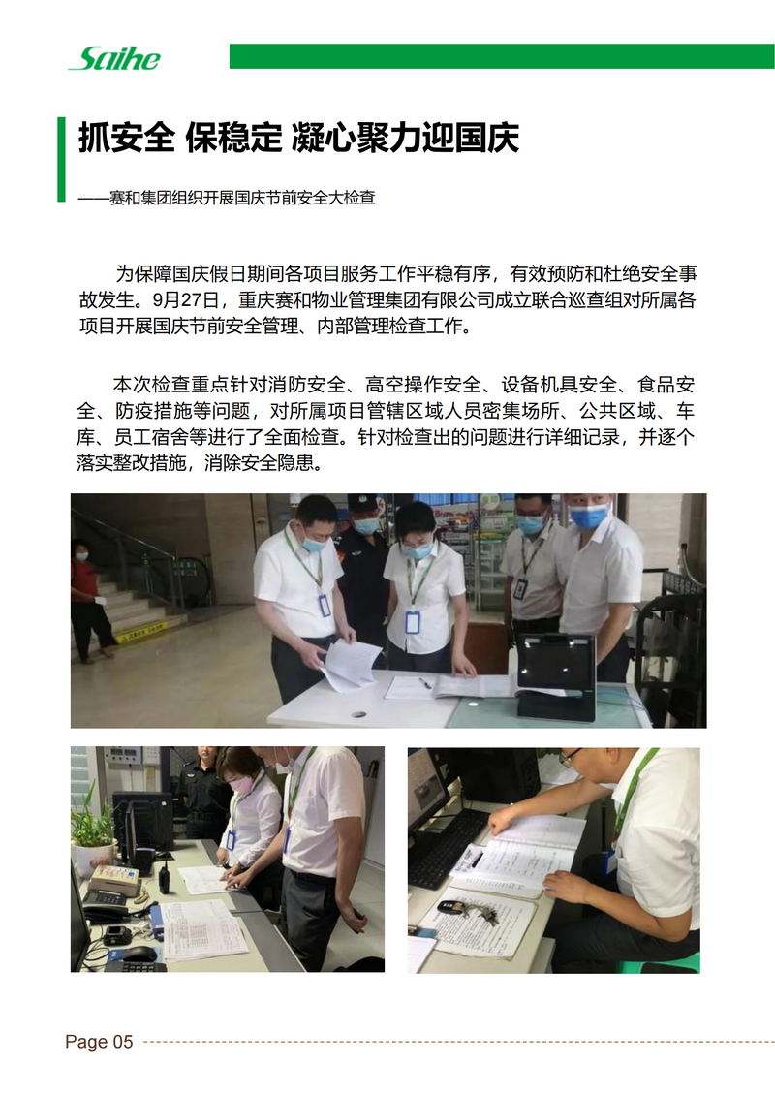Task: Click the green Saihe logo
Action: pos(115,59)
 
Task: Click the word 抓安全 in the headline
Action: pos(126,137)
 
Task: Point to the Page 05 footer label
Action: pos(99,1042)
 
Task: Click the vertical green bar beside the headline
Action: pos(61,159)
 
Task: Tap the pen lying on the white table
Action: pos(424,682)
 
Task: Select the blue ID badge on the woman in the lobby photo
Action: pos(413,621)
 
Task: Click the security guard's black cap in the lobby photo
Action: pos(362,501)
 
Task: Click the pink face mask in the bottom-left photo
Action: pos(242,784)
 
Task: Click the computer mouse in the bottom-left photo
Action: pos(139,955)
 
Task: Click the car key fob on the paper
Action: pos(448,907)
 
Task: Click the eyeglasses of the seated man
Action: pos(569,757)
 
